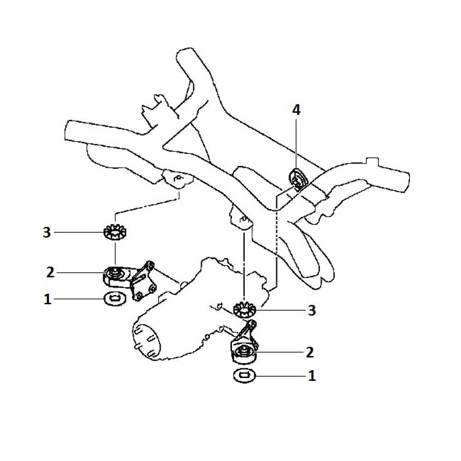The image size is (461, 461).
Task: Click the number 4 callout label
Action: pyautogui.click(x=296, y=110)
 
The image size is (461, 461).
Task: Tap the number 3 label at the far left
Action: pyautogui.click(x=46, y=232)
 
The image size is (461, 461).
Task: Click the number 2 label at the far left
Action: pyautogui.click(x=50, y=272)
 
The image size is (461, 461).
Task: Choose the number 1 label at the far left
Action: pyautogui.click(x=47, y=300)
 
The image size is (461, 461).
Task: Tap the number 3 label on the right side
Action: pyautogui.click(x=312, y=310)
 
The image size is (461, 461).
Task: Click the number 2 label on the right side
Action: pyautogui.click(x=309, y=353)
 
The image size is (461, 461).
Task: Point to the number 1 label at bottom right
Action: pyautogui.click(x=312, y=376)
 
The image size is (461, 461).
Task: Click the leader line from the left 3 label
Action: pyautogui.click(x=78, y=232)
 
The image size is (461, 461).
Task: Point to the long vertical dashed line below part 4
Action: pyautogui.click(x=276, y=240)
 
